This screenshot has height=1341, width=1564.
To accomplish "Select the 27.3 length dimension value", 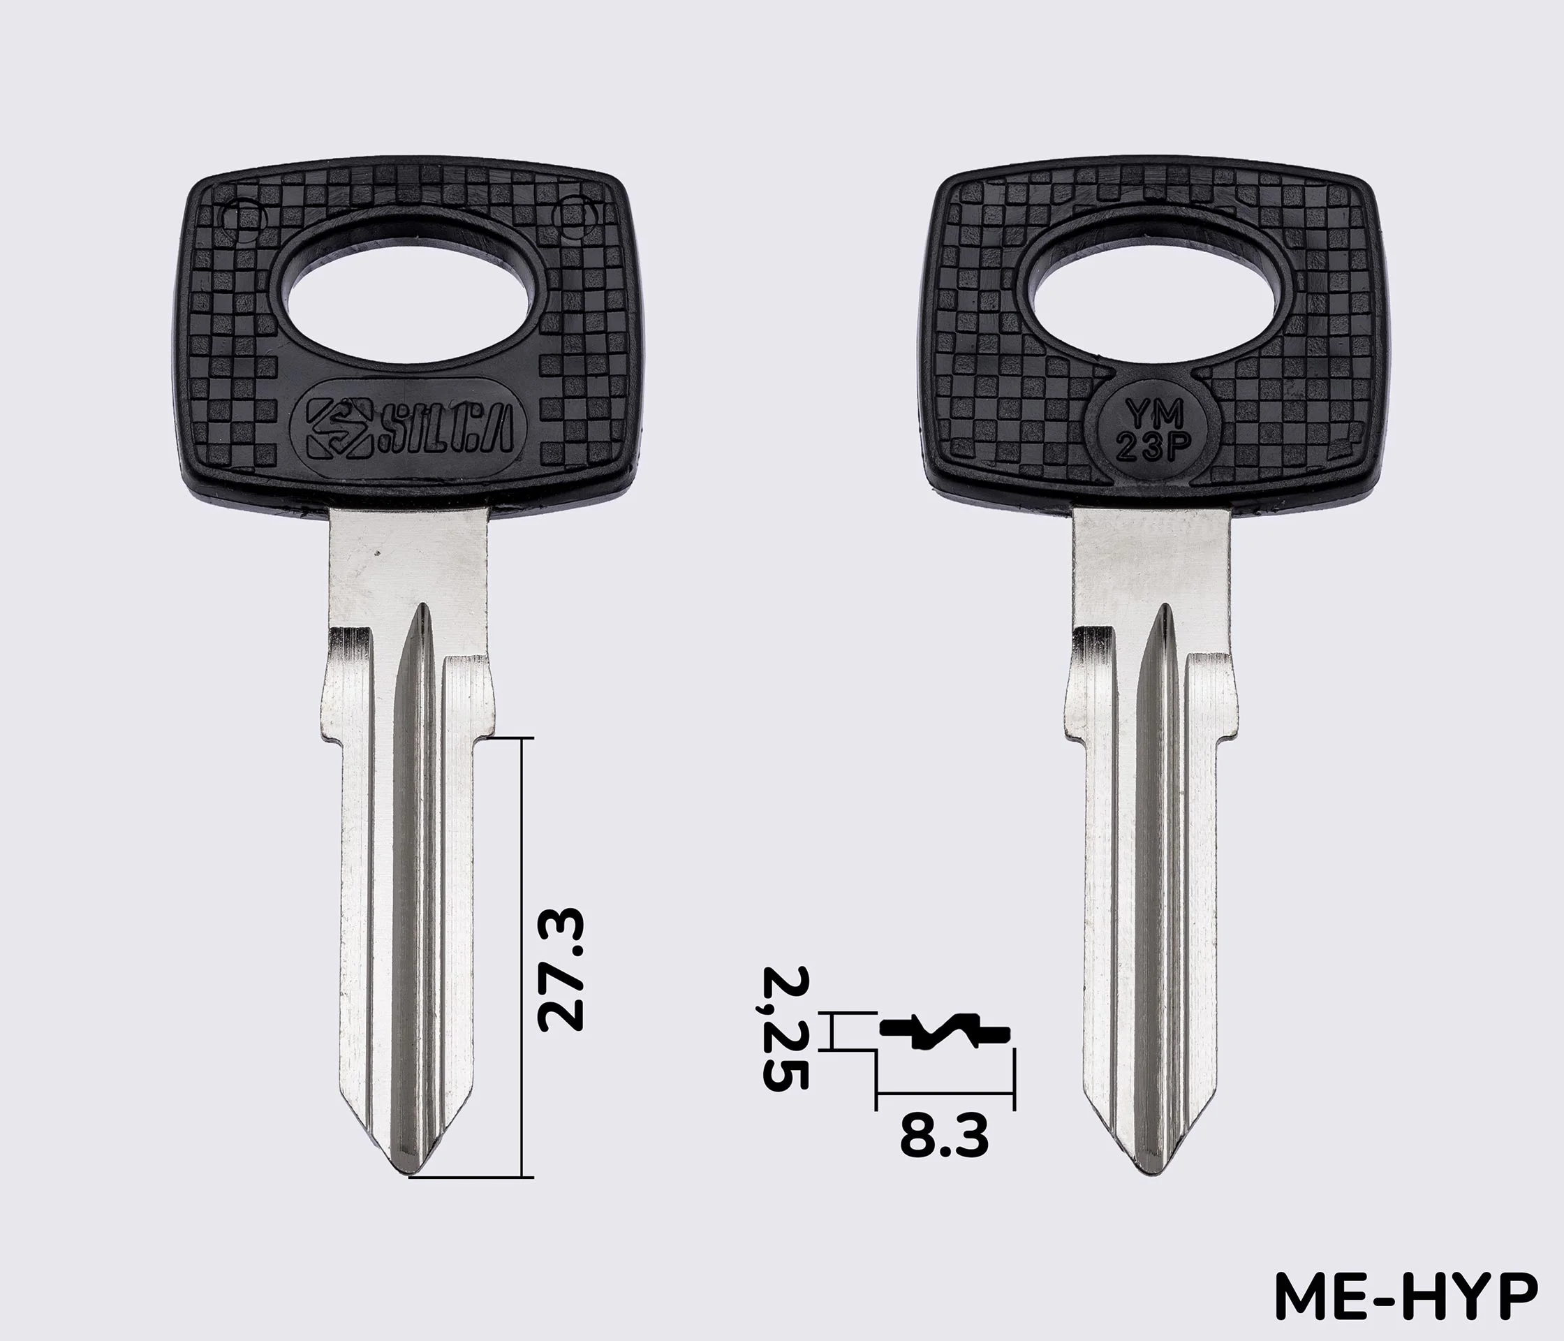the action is coord(560,971).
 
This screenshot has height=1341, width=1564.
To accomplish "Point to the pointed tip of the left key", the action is coord(411,1175).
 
